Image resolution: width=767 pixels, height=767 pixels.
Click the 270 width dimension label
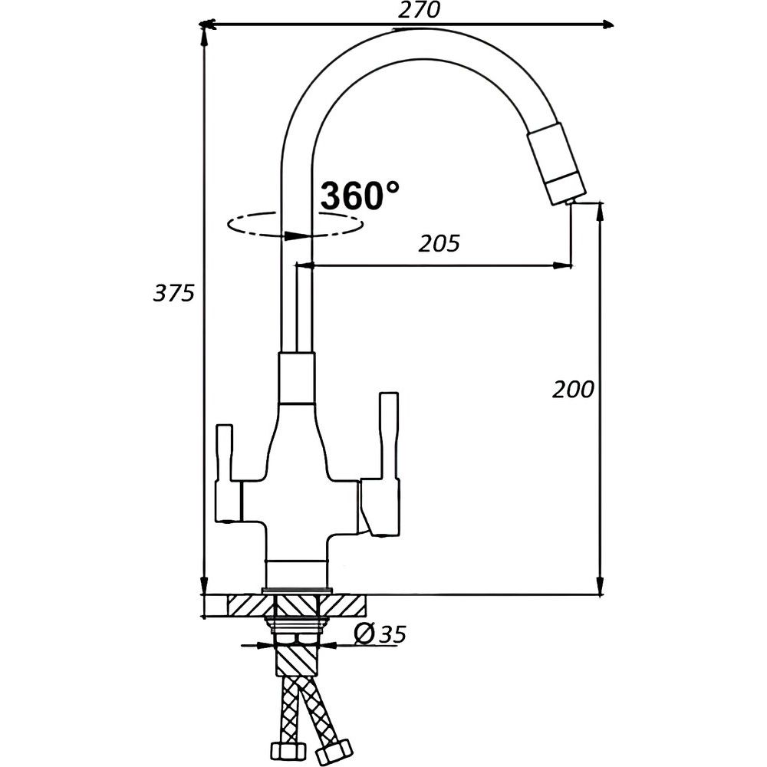(419, 10)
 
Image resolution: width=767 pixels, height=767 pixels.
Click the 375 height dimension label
(173, 293)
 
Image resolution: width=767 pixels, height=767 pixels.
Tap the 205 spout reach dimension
(439, 243)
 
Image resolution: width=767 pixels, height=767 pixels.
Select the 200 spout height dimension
(573, 390)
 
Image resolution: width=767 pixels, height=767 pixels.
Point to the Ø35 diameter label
(380, 634)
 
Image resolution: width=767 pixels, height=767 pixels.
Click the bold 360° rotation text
(360, 196)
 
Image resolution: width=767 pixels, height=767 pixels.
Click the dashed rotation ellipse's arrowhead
(295, 235)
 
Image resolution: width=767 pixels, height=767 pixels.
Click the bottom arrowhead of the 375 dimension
(205, 585)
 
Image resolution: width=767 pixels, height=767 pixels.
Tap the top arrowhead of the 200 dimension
(601, 210)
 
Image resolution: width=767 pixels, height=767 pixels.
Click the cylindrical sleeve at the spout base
(296, 378)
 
